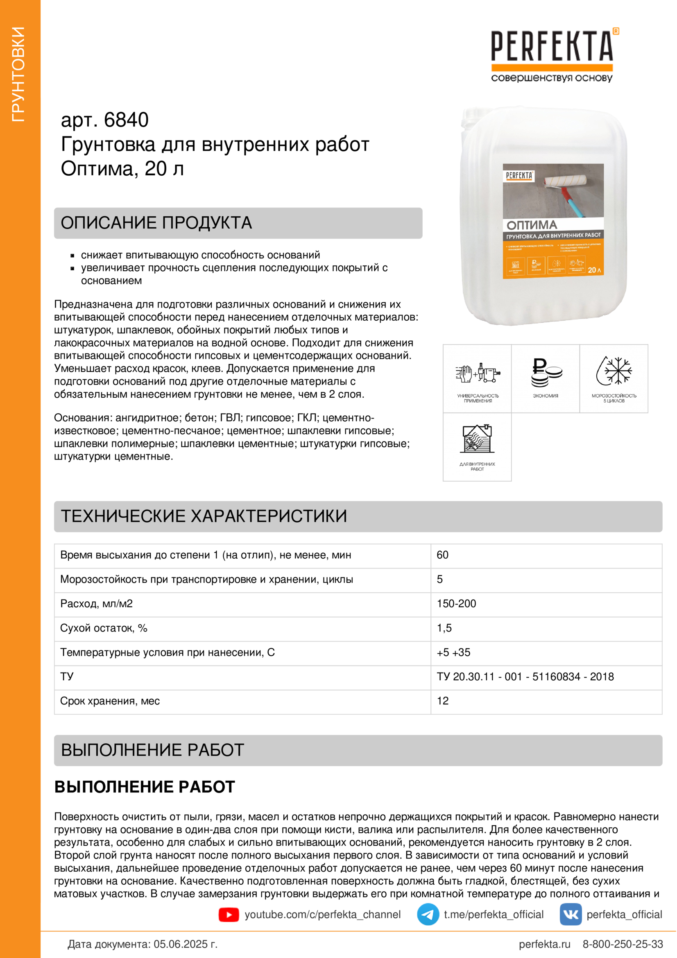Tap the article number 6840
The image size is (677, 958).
(126, 120)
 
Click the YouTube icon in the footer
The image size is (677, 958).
(229, 915)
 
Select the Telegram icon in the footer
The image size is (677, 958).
(428, 914)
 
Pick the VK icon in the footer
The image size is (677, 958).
(570, 914)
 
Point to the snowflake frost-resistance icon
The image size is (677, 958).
(614, 371)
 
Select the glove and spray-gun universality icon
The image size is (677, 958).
(477, 372)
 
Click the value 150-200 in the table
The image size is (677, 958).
(456, 604)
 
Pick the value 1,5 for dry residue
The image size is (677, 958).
(444, 628)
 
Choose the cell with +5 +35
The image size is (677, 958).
(453, 652)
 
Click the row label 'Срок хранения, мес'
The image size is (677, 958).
(110, 701)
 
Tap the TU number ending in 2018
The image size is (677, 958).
(525, 676)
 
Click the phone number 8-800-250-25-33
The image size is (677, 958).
(623, 944)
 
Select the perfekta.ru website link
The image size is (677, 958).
(544, 944)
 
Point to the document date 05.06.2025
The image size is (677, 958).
(185, 944)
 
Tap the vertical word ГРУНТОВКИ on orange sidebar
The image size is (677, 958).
(19, 74)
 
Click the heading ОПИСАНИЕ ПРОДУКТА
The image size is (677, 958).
(156, 223)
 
